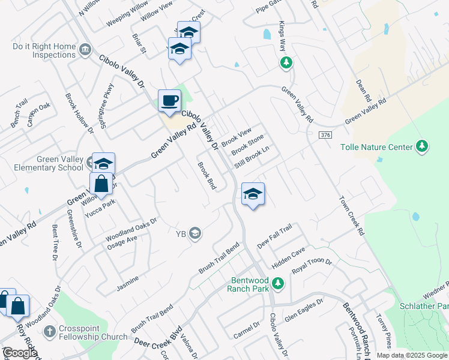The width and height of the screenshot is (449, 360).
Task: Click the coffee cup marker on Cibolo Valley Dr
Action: click(169, 100)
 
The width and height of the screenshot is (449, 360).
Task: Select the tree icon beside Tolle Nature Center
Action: click(423, 146)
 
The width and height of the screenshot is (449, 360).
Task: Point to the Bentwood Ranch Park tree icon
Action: click(277, 283)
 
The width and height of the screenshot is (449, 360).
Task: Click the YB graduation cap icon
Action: click(194, 233)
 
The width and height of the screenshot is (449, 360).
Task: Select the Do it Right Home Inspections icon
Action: click(85, 49)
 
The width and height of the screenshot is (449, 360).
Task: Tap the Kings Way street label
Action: click(282, 37)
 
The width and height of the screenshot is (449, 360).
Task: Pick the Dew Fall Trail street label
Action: click(274, 236)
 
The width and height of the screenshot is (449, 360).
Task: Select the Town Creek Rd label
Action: click(352, 215)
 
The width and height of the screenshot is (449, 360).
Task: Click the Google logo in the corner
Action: click(20, 353)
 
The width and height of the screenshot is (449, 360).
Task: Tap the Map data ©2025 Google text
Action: click(412, 355)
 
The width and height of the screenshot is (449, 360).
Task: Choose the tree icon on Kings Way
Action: click(286, 62)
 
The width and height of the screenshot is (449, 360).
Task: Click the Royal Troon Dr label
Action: click(312, 266)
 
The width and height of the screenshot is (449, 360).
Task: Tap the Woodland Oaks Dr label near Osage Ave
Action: click(131, 227)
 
